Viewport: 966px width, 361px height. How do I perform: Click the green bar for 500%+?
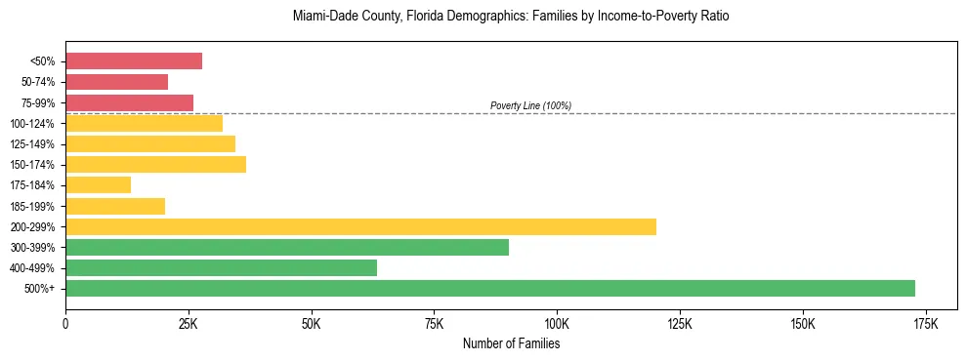tap(490, 288)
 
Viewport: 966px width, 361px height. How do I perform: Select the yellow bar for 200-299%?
tap(360, 226)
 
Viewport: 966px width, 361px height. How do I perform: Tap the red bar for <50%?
tap(134, 61)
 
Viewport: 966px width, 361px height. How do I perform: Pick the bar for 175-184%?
tap(98, 185)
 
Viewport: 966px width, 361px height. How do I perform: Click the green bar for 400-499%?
tap(221, 267)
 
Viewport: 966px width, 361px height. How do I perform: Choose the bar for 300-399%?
tap(287, 247)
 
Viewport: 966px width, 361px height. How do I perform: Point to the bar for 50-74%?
tap(116, 82)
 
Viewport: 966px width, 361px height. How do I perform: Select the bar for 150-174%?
tap(155, 164)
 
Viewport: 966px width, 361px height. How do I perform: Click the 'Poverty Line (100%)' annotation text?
tap(530, 105)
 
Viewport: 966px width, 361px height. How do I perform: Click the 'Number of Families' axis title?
tap(511, 343)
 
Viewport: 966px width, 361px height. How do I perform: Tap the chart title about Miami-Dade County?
tap(511, 18)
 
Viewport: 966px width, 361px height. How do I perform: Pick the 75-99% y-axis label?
tap(38, 103)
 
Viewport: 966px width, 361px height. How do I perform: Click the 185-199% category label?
tap(35, 207)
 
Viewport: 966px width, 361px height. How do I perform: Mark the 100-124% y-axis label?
tap(35, 124)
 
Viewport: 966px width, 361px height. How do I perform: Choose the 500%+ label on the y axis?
tap(41, 289)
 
